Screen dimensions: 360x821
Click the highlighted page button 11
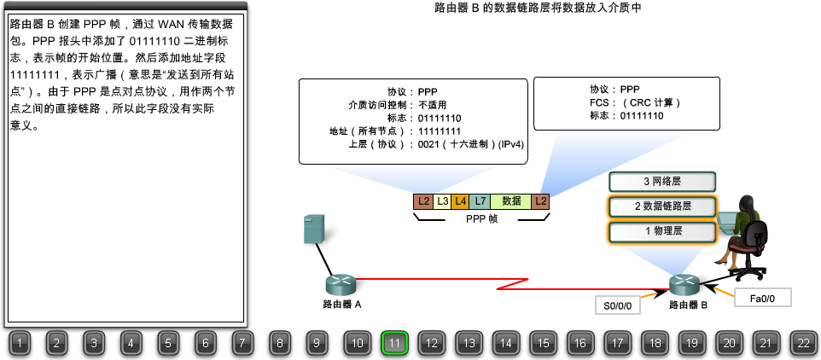[394, 343]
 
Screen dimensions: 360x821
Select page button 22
[803, 343]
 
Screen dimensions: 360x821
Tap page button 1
[21, 343]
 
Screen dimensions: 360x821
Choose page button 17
[617, 343]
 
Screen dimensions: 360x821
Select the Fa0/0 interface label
[762, 298]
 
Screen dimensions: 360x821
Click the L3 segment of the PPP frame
[442, 201]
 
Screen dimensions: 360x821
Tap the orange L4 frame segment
[461, 201]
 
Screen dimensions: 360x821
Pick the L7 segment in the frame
[480, 201]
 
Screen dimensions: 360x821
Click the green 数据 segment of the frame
[511, 201]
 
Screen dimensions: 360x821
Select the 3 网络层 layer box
[661, 182]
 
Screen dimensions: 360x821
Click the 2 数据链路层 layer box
[661, 206]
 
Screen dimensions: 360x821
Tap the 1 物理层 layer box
[661, 231]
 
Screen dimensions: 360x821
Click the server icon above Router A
[314, 230]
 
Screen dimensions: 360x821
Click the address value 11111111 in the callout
[440, 131]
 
